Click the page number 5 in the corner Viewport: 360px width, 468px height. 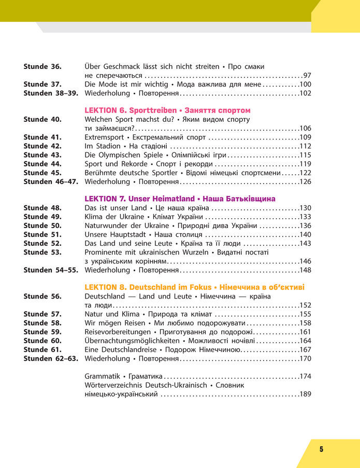pos(321,449)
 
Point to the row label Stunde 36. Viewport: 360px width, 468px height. pos(42,66)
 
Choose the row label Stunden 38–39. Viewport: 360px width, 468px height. pos(50,93)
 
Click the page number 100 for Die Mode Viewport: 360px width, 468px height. pos(305,84)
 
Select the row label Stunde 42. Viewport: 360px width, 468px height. pos(42,146)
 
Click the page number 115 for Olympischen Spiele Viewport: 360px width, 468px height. pos(305,155)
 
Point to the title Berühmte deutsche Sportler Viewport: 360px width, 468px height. pos(131,173)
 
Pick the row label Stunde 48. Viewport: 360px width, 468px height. pos(42,208)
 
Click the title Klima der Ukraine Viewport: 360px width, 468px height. pos(114,217)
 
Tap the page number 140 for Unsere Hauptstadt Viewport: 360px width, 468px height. pos(305,234)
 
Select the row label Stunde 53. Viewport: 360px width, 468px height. pos(42,252)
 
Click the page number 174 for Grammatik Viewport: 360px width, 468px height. pos(305,376)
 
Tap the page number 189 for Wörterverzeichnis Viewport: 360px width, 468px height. pos(305,394)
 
